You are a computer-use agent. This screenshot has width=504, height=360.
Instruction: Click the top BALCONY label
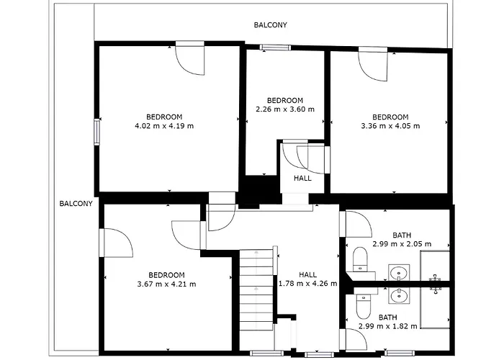tap(270, 25)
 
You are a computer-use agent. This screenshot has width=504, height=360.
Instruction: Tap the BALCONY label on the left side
tap(76, 204)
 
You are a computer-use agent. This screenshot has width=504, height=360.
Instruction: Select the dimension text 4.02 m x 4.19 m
tap(164, 126)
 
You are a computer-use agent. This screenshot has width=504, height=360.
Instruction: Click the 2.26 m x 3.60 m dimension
tap(285, 109)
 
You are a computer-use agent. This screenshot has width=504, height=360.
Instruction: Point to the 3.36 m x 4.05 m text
tap(390, 126)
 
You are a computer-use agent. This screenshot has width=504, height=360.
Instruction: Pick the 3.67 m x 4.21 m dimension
tap(166, 284)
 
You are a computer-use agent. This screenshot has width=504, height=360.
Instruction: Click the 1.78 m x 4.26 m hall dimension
tap(308, 284)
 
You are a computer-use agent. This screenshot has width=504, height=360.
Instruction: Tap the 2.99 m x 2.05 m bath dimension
tap(402, 244)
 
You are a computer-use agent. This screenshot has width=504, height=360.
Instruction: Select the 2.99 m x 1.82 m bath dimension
tap(388, 326)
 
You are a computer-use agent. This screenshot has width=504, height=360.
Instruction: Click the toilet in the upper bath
tap(360, 259)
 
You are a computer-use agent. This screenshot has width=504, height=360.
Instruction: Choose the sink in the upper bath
tap(399, 273)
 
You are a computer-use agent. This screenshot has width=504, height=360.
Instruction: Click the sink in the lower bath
tap(399, 295)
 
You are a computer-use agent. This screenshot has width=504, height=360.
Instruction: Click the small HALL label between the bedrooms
tap(302, 178)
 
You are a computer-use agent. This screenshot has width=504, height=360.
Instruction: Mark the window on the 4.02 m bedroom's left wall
tap(96, 132)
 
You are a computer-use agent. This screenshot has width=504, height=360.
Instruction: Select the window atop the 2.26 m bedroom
tap(275, 48)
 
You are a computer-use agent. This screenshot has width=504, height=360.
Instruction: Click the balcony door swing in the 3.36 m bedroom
tap(373, 66)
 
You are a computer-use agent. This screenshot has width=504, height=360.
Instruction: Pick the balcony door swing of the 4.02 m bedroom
tap(189, 60)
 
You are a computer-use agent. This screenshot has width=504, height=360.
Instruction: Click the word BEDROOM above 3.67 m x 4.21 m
tap(166, 275)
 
